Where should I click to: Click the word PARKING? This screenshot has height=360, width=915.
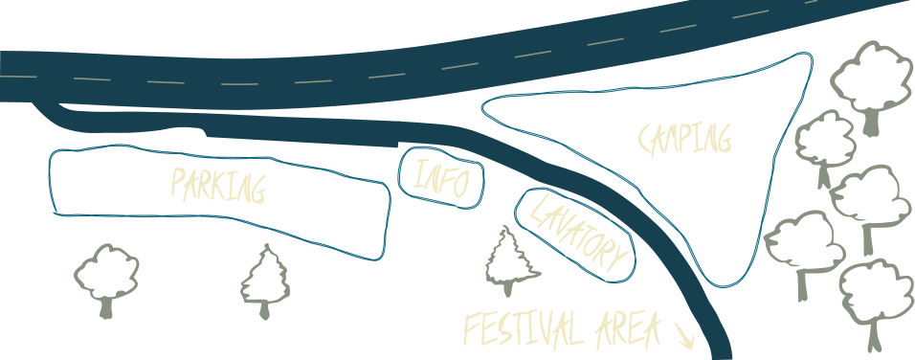[x=218, y=185]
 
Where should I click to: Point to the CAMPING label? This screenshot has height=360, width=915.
[x=684, y=139]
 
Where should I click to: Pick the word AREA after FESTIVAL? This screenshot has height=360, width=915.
[x=628, y=330]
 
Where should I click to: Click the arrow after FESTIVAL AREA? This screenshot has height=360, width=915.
[x=684, y=336]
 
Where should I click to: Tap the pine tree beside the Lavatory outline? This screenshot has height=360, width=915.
[x=511, y=260]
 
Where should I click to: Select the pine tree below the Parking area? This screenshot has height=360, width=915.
[x=265, y=281]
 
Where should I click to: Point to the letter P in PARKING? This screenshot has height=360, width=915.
[x=179, y=182]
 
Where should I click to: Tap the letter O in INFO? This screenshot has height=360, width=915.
[x=460, y=184]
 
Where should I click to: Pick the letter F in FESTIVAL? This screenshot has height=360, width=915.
[x=472, y=328]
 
